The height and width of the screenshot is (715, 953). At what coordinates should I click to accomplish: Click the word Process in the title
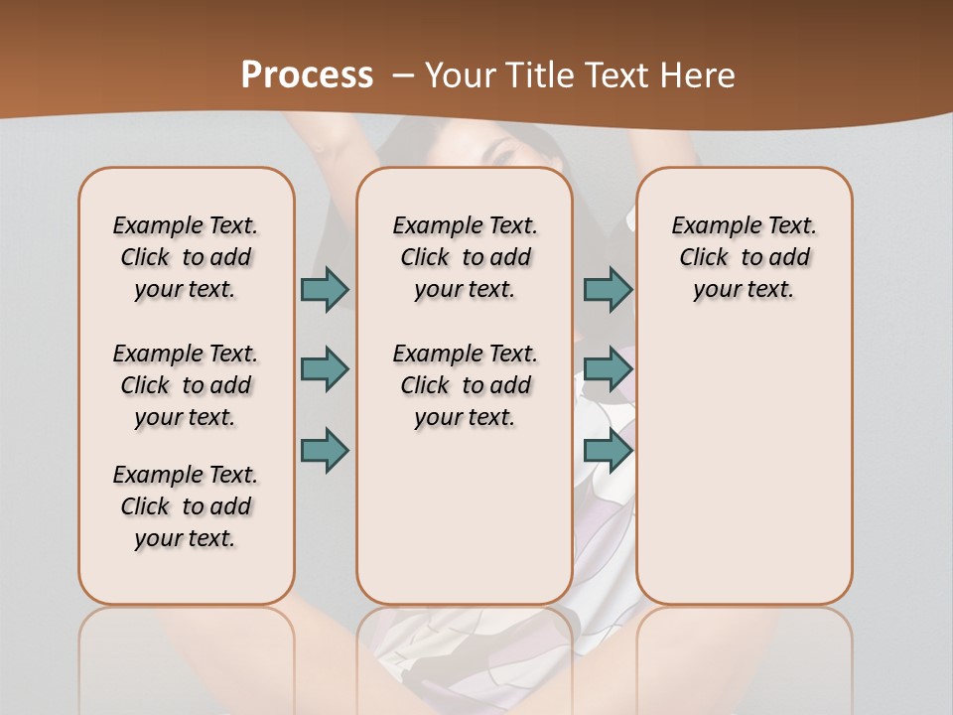[307, 74]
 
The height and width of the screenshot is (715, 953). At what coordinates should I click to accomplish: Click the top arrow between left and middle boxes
[325, 289]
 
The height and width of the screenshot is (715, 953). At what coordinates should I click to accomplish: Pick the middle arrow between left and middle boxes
[325, 369]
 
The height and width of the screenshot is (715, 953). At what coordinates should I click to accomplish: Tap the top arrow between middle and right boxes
[608, 289]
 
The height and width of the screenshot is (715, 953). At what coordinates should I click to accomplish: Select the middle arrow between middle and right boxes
[608, 369]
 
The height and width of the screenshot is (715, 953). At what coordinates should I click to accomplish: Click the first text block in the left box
[186, 257]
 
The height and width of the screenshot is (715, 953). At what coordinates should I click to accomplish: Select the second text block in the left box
[186, 385]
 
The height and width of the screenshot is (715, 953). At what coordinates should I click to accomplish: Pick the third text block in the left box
[186, 506]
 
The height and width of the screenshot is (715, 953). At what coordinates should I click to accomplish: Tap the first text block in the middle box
[465, 257]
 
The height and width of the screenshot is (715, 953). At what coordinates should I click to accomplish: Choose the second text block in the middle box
[465, 385]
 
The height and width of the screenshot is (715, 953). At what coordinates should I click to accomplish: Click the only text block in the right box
[744, 257]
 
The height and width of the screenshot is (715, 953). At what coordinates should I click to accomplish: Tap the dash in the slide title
[404, 74]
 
